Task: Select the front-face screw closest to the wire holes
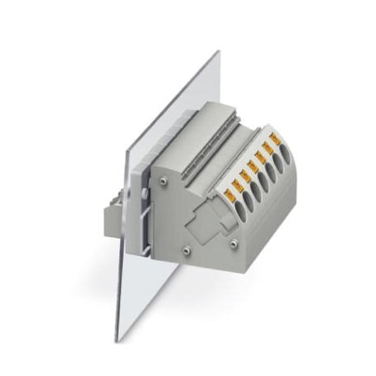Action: [233, 243]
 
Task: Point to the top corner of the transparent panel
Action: [218, 52]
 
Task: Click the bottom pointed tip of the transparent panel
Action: [119, 339]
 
